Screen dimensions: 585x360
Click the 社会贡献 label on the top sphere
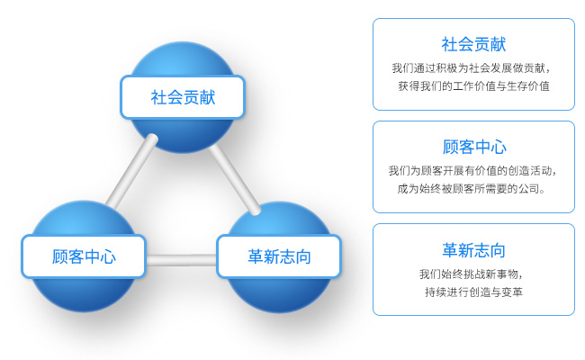click(x=183, y=97)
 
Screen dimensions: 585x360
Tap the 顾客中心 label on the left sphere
click(x=84, y=256)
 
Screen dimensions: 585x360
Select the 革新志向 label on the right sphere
click(x=279, y=256)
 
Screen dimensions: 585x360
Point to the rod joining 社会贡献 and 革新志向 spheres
click(x=235, y=179)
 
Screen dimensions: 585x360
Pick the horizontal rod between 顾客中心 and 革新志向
click(x=181, y=260)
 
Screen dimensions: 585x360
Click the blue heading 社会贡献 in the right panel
click(x=473, y=44)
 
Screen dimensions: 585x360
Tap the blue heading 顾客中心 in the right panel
click(x=474, y=147)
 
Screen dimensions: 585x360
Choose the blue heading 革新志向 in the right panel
click(x=473, y=250)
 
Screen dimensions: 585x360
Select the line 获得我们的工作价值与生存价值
click(x=473, y=86)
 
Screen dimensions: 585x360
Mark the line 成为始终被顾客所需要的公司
click(x=471, y=189)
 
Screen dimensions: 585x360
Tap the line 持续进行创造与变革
click(x=473, y=292)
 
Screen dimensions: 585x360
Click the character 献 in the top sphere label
click(x=207, y=97)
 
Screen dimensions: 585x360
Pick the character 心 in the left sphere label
click(x=108, y=256)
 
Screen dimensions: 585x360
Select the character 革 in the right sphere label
click(x=256, y=256)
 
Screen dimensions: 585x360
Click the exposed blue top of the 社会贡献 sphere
click(x=183, y=59)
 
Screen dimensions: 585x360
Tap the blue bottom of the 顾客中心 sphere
click(x=84, y=294)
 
